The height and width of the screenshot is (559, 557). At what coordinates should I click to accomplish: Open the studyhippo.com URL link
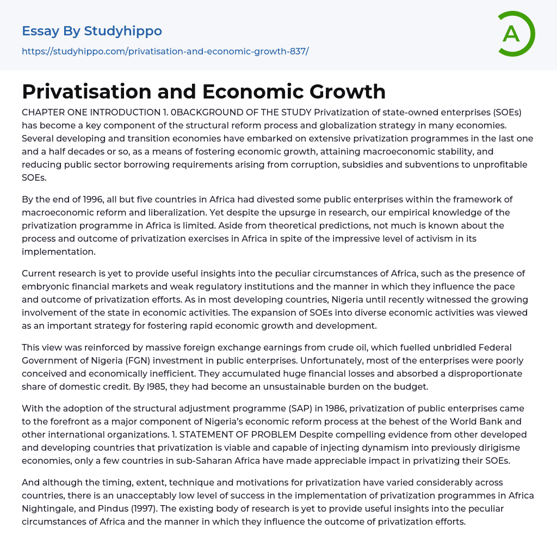coord(165,52)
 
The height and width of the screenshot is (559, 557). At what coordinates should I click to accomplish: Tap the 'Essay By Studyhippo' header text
coord(92,31)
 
